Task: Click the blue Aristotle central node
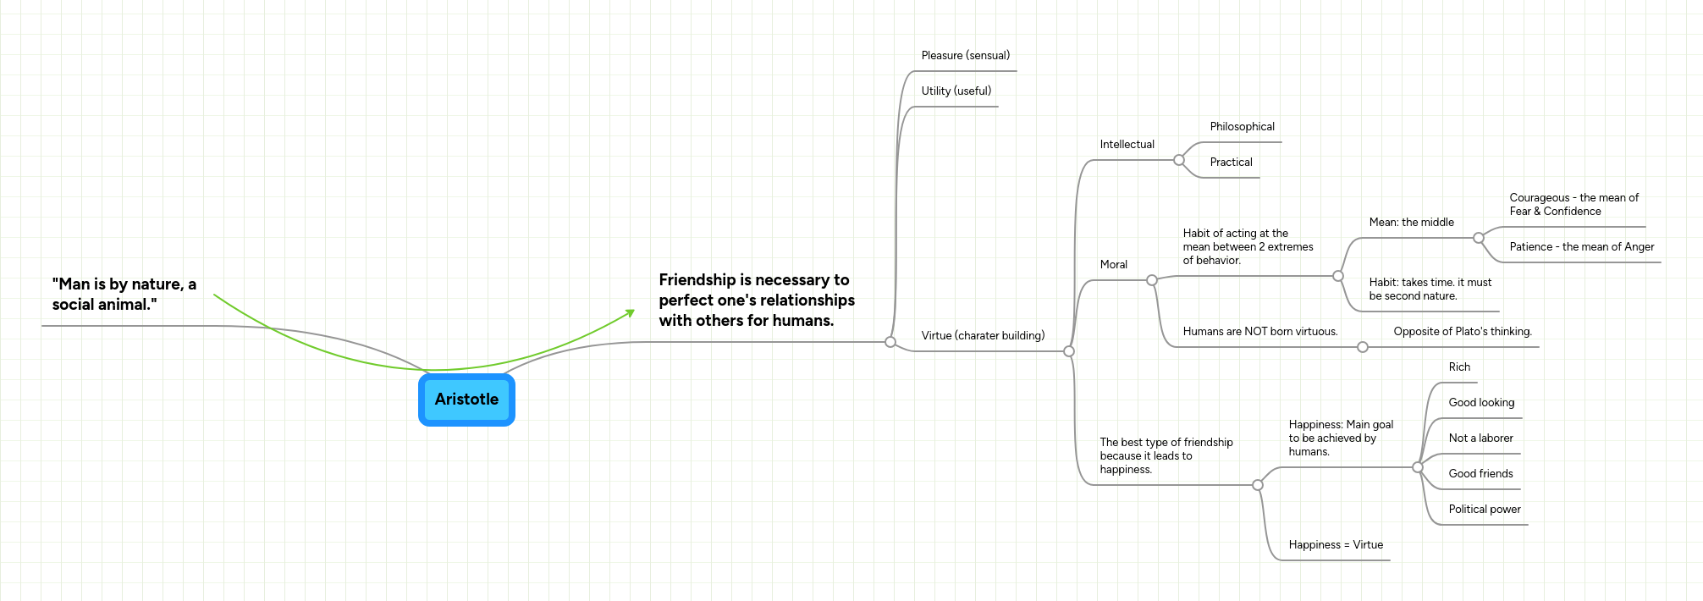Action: point(466,400)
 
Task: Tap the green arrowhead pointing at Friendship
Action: point(630,313)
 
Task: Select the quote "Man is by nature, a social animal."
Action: point(124,295)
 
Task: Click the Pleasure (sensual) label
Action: point(965,56)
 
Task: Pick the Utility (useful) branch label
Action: point(956,91)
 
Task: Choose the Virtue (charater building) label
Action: point(983,336)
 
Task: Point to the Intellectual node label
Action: point(1127,145)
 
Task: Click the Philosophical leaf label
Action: point(1242,127)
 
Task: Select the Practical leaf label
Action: point(1231,163)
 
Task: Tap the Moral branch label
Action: point(1113,265)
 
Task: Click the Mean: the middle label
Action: point(1411,223)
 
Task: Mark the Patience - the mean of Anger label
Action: point(1581,247)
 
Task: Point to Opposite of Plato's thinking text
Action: point(1462,332)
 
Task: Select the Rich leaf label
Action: point(1459,367)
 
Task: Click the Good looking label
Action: point(1481,403)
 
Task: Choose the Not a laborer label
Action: point(1480,438)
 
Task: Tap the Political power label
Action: point(1484,510)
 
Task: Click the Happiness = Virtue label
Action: point(1336,545)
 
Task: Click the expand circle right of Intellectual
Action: point(1179,160)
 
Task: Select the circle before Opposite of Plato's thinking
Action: point(1363,347)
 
